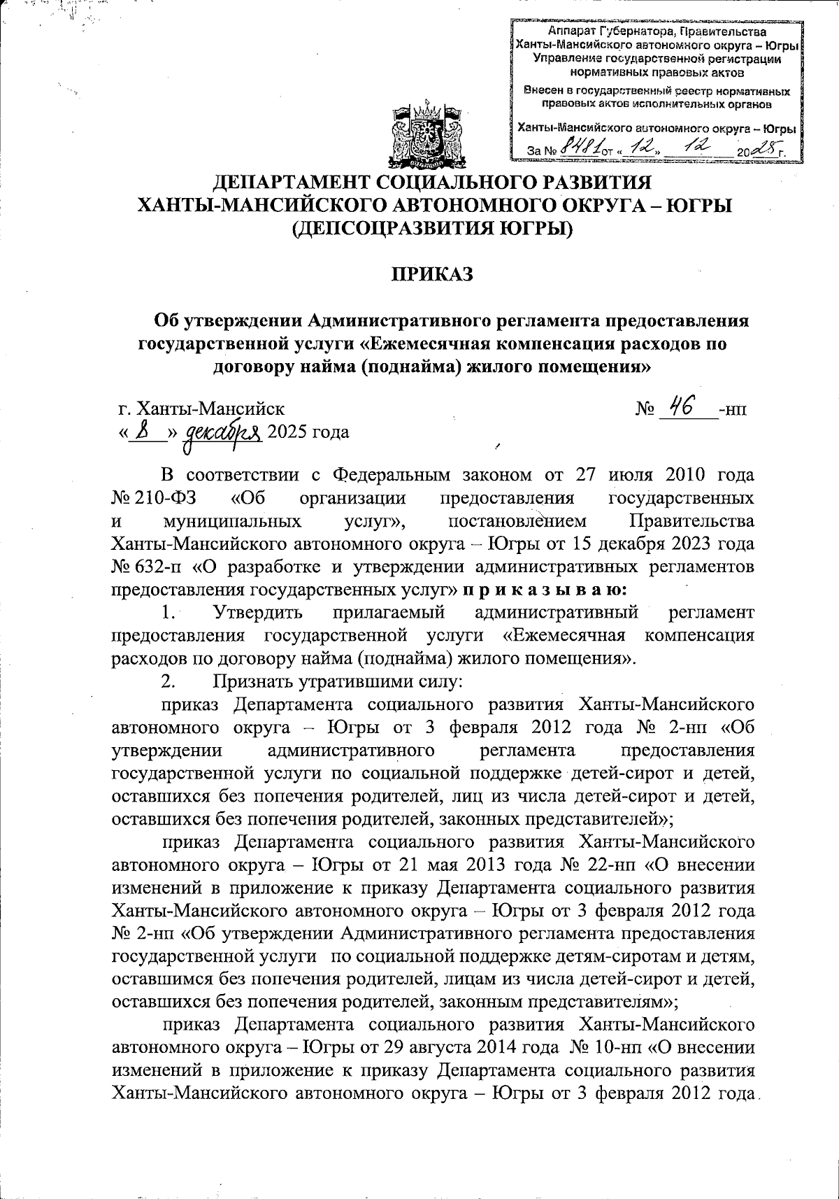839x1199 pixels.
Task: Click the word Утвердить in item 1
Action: coord(258,613)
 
